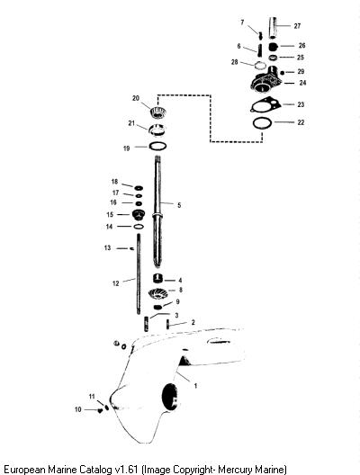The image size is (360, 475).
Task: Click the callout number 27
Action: [297, 26]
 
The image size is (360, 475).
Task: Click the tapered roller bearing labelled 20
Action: [158, 112]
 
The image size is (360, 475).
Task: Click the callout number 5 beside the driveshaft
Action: [179, 205]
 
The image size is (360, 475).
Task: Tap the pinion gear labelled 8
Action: [157, 293]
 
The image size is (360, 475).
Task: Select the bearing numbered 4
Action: [157, 278]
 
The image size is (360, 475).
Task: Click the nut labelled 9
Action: [157, 307]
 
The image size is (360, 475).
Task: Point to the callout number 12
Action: [116, 283]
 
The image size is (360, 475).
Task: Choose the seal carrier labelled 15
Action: [139, 215]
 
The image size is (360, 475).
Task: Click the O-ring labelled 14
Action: [139, 227]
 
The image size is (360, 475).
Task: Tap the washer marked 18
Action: [139, 188]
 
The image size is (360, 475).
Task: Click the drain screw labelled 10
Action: [99, 410]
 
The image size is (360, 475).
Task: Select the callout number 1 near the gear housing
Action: [196, 386]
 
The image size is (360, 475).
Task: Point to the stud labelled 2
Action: [167, 325]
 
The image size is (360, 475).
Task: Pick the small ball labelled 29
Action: [282, 73]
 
